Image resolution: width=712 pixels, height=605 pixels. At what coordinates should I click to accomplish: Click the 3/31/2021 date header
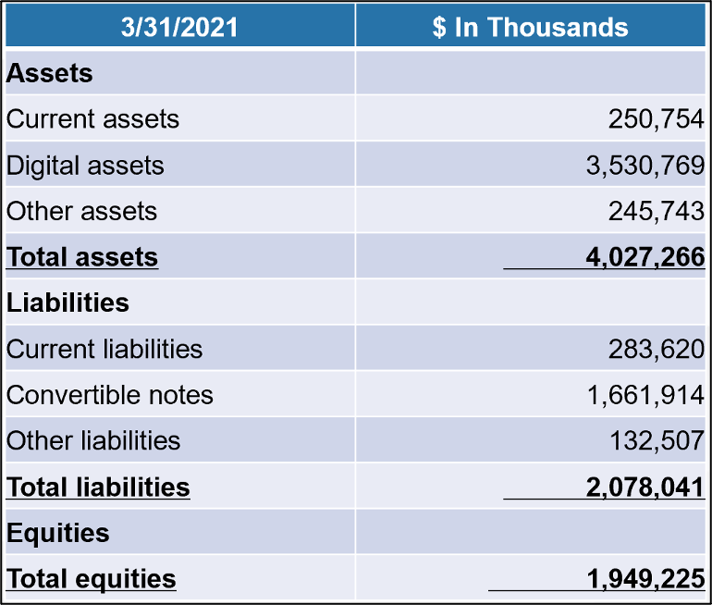[179, 27]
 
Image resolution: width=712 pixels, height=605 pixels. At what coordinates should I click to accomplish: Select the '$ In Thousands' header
[530, 27]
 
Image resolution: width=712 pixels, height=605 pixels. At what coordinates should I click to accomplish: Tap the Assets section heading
[50, 74]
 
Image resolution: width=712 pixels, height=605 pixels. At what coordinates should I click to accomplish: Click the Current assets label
[92, 119]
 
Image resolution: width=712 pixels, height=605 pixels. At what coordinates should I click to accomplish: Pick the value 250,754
[656, 119]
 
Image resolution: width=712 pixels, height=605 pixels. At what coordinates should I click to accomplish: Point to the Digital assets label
[85, 166]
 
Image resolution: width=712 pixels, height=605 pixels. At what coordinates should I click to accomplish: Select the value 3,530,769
[644, 166]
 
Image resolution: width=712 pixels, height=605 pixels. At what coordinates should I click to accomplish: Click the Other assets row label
[81, 211]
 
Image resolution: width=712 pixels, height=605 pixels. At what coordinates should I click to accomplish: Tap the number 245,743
[656, 211]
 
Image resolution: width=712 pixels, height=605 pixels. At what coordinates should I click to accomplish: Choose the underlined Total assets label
[82, 257]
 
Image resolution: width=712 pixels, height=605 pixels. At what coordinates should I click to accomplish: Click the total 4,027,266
[644, 257]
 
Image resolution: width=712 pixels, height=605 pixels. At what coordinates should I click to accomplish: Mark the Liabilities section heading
[68, 302]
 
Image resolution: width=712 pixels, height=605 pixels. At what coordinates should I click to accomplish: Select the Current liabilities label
[104, 349]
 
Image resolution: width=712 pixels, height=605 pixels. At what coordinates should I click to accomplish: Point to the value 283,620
[656, 349]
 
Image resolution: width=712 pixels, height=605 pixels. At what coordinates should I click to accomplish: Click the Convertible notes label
[110, 395]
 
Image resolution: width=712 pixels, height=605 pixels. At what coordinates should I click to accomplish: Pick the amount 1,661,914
[644, 395]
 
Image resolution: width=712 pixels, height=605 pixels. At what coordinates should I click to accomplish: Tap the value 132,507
[656, 440]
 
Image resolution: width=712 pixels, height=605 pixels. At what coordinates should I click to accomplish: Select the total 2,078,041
[644, 487]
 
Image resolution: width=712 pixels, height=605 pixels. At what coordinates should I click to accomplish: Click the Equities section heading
[57, 533]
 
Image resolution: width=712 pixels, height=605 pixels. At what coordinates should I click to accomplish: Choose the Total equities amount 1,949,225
[644, 579]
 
